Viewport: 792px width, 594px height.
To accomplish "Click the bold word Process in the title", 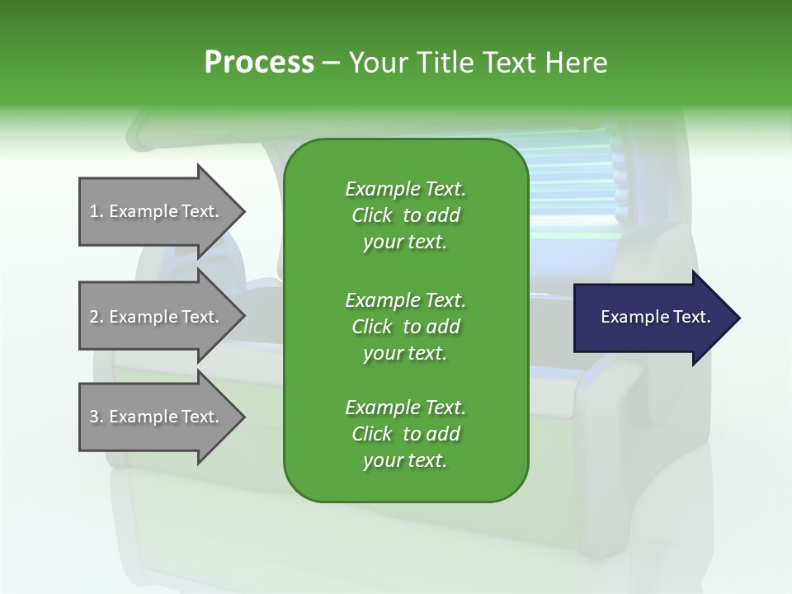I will [x=259, y=63].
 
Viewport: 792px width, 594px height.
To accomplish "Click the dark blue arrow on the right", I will [x=652, y=317].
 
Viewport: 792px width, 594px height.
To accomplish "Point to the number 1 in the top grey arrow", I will [x=94, y=211].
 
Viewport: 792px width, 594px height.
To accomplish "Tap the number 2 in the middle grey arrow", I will [x=94, y=317].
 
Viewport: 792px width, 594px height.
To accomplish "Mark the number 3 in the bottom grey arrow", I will [x=94, y=417].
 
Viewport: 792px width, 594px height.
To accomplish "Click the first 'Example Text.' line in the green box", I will [x=405, y=189].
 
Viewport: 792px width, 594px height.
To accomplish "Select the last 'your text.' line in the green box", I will [x=405, y=460].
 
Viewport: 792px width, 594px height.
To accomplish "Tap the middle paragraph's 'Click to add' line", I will [x=405, y=327].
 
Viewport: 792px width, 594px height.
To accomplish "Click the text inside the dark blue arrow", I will [x=655, y=317].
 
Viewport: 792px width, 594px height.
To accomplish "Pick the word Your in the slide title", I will [x=378, y=63].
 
